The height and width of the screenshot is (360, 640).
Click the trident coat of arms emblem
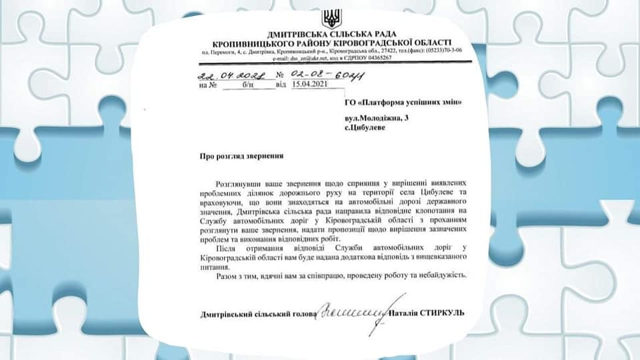click(331, 18)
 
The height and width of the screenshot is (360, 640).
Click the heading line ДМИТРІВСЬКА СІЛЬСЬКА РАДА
click(331, 33)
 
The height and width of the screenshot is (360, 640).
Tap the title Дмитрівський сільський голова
click(256, 313)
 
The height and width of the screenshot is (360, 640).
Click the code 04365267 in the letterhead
click(374, 58)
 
